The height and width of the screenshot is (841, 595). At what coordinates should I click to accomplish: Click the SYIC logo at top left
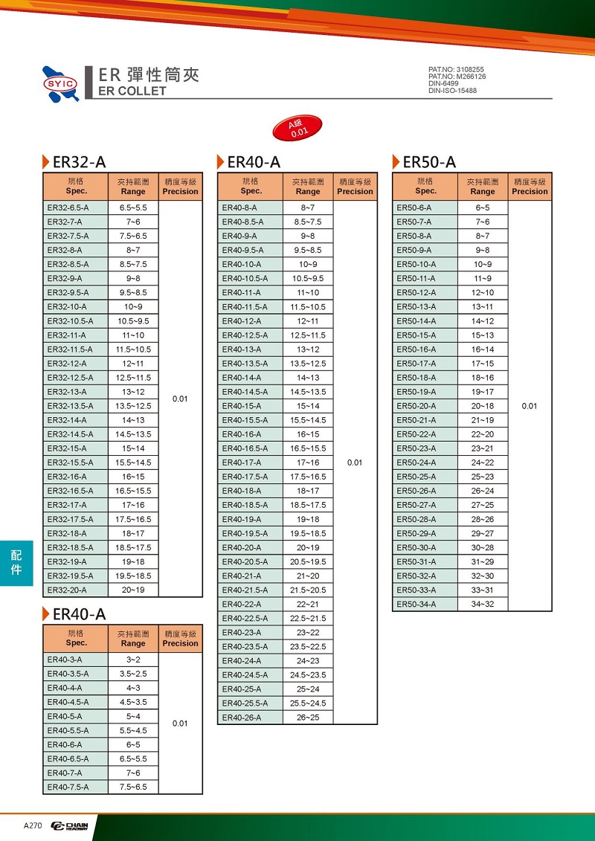pos(60,83)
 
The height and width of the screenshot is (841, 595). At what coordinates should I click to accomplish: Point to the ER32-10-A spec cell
pos(67,306)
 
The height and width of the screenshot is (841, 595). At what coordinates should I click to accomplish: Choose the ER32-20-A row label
pos(67,590)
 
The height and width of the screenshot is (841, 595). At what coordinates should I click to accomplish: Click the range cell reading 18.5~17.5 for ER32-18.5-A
pos(133,547)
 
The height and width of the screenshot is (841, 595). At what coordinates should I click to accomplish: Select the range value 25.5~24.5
pos(308,703)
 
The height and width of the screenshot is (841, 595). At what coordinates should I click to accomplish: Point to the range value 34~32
pos(483,604)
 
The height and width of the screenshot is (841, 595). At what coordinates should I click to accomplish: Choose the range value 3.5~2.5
pos(133,674)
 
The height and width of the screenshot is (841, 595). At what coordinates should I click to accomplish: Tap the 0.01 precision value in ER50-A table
pos(530,406)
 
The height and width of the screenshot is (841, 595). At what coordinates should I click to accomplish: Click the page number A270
pos(33,826)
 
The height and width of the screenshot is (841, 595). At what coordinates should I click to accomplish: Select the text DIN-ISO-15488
pos(453,91)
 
